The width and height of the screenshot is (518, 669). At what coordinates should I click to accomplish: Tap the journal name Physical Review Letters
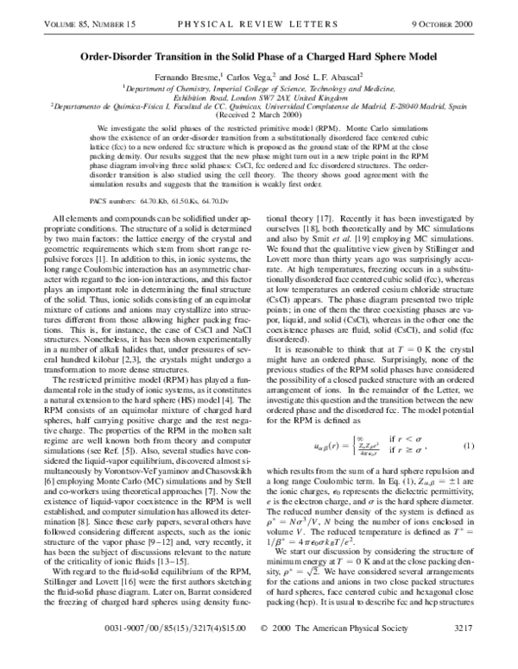click(258, 11)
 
